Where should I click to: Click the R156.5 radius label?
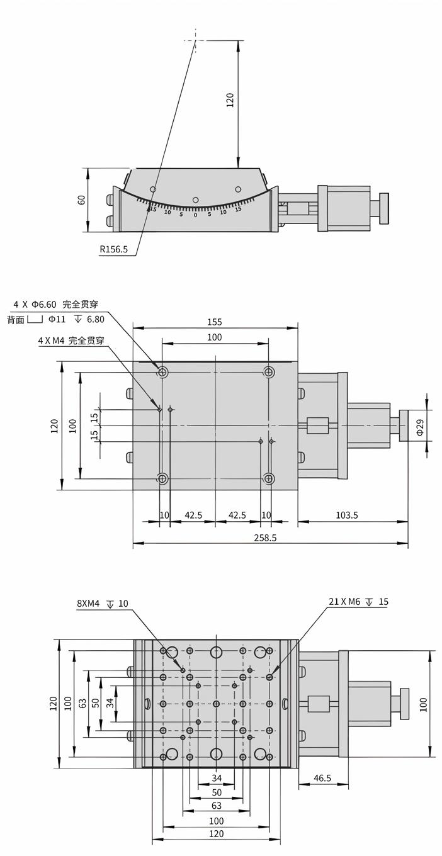113,249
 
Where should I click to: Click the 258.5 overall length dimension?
265,538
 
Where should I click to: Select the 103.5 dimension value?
346,515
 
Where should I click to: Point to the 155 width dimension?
215,322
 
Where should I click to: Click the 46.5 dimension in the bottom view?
322,778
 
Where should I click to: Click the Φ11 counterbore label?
57,319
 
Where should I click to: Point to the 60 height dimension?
81,200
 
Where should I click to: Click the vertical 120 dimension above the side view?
230,99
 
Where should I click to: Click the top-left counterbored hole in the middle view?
162,372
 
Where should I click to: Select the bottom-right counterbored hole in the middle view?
269,479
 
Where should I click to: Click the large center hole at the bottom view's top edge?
216,651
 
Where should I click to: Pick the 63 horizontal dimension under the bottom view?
216,805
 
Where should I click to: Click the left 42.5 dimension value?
193,515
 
